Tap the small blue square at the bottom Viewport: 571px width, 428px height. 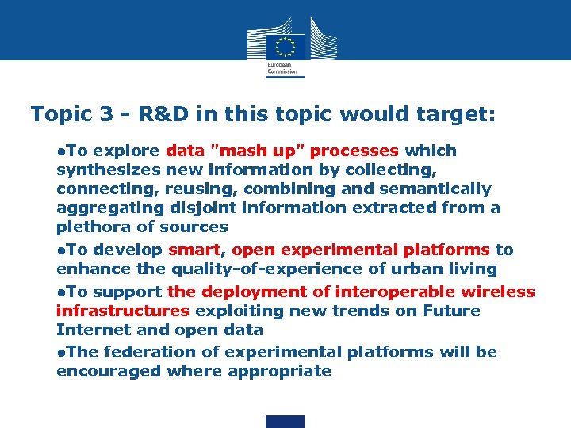pyautogui.click(x=285, y=421)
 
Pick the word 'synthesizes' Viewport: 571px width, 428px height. pyautogui.click(x=109, y=170)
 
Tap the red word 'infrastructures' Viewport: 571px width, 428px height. pyautogui.click(x=123, y=311)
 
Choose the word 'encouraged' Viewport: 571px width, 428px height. pyautogui.click(x=109, y=371)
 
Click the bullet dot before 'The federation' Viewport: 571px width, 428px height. pyautogui.click(x=60, y=353)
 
